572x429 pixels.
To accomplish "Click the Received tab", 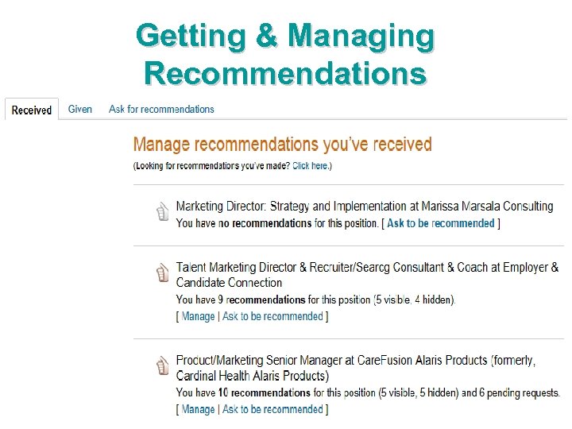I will click(32, 110).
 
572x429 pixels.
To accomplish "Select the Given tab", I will click(80, 110).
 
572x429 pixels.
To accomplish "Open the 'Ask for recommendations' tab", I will click(161, 110).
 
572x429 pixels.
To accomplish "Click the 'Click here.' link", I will click(311, 166).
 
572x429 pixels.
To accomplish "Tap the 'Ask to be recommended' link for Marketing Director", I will click(441, 223).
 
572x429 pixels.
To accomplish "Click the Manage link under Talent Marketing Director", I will click(198, 316).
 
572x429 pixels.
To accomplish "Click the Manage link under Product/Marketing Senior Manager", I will click(198, 409).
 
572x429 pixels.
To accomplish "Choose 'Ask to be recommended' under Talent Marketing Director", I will click(272, 316).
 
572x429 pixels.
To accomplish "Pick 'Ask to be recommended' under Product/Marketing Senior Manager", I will click(272, 409).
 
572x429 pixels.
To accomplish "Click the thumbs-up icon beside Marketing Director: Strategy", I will click(163, 212).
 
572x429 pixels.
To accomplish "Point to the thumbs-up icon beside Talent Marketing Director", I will click(163, 274).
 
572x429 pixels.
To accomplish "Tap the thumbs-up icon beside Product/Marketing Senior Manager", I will click(163, 366).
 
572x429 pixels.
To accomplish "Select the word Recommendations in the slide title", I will click(285, 73).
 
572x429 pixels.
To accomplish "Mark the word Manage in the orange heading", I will click(161, 145).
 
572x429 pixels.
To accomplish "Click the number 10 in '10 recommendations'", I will click(223, 392).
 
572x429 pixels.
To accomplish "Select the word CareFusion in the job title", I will click(387, 360).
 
